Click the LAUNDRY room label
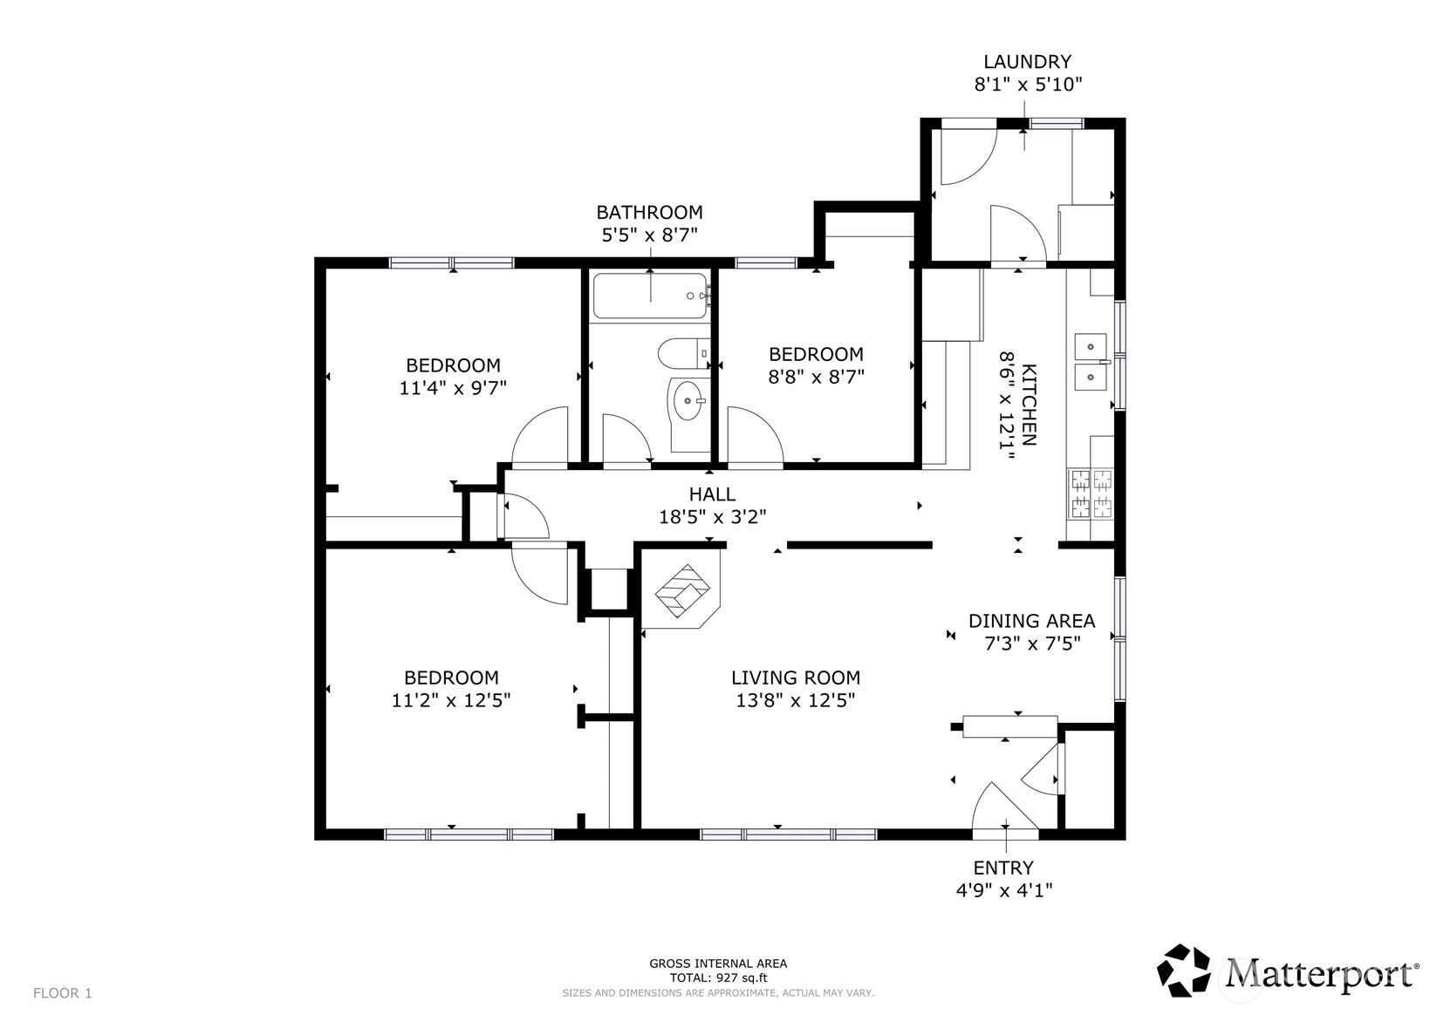click(x=1027, y=62)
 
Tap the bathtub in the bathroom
click(x=651, y=296)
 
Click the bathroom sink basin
click(x=688, y=401)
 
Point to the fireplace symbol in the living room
click(x=682, y=590)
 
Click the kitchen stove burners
click(x=1091, y=494)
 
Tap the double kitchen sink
click(x=1091, y=362)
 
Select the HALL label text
click(x=712, y=494)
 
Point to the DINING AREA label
click(x=1031, y=621)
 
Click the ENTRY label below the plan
click(x=1003, y=868)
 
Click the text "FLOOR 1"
click(x=62, y=993)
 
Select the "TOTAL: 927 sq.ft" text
click(x=718, y=978)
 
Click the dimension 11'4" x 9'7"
click(x=453, y=388)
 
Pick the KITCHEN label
click(x=1029, y=405)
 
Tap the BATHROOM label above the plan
click(x=649, y=212)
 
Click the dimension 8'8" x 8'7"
click(x=816, y=377)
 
